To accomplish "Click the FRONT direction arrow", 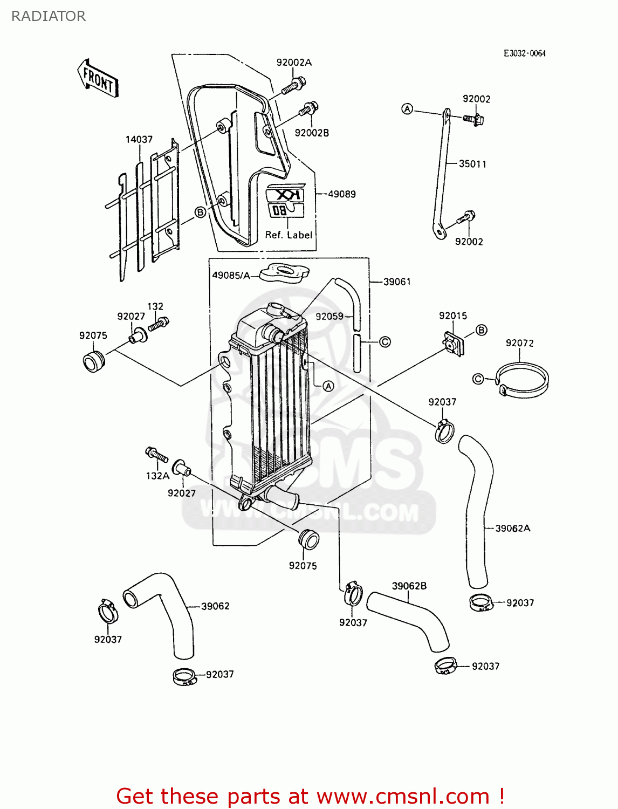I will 98,79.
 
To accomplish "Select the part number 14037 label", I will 139,139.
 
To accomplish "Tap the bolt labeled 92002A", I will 293,85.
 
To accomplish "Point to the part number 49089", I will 342,194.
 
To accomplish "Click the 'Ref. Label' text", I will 289,235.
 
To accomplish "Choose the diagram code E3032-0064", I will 524,53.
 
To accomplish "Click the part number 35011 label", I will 472,164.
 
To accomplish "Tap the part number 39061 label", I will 397,282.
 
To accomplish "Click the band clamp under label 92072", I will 521,381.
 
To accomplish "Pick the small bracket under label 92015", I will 453,343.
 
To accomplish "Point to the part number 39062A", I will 512,529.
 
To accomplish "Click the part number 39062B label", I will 409,586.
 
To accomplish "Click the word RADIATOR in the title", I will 49,16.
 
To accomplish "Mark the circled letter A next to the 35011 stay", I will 407,109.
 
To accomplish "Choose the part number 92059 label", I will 329,317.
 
